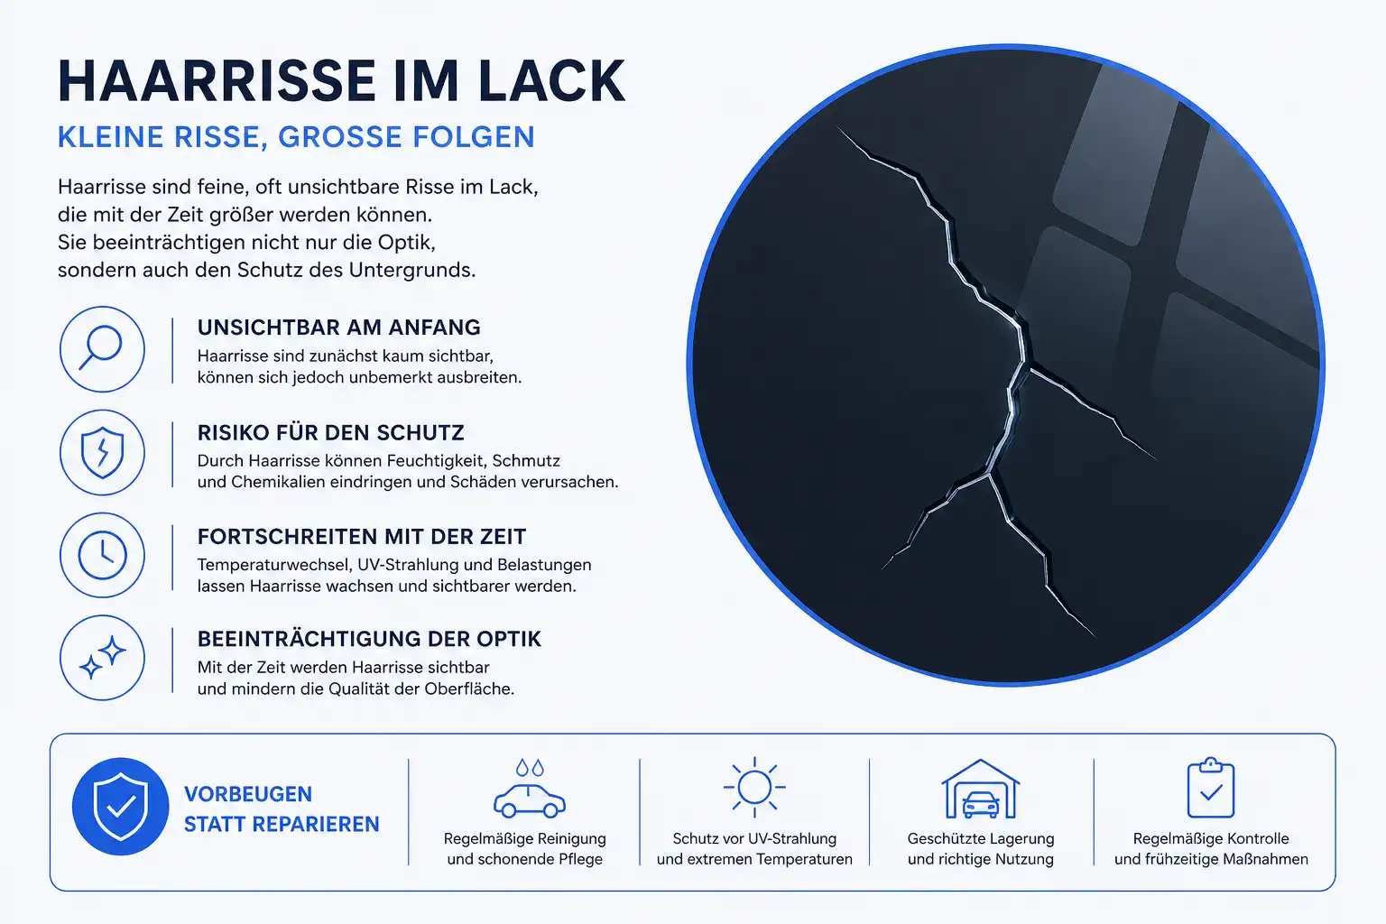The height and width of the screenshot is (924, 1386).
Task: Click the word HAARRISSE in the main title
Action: point(217,81)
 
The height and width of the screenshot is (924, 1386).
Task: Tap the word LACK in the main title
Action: point(551,81)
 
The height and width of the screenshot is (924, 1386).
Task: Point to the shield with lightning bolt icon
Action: point(102,452)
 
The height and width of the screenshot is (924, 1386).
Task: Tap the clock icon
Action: point(102,555)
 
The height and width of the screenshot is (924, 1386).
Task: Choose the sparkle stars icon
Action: point(102,658)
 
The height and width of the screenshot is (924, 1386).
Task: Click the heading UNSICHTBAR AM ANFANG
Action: point(339,328)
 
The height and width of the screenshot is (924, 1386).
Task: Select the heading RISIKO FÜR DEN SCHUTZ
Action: point(331,432)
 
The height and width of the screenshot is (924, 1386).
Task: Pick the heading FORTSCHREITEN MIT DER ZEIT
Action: point(362,537)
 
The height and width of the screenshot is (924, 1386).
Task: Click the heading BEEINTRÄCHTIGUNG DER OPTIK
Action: point(369,639)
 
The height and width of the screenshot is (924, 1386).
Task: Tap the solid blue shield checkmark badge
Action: point(121,807)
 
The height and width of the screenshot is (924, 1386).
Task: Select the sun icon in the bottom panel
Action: point(754,787)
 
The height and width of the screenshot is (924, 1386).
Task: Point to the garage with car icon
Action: point(981,789)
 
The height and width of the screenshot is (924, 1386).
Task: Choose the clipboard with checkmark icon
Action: point(1211,787)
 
